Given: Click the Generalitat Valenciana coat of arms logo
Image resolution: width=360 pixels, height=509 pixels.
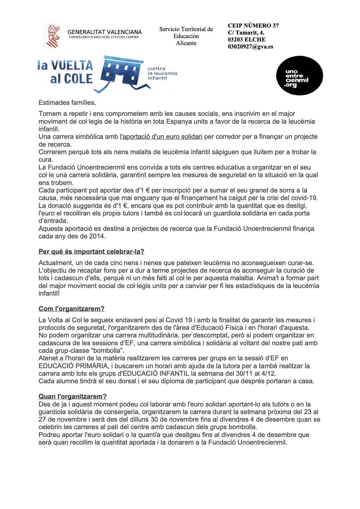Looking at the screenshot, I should pyautogui.click(x=52, y=36).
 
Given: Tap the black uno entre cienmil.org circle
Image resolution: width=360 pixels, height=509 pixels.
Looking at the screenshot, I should pyautogui.click(x=299, y=76).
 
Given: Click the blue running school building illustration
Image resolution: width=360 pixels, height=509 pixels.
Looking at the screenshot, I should pyautogui.click(x=122, y=73).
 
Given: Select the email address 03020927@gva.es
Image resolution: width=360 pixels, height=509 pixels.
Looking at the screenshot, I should pyautogui.click(x=250, y=47).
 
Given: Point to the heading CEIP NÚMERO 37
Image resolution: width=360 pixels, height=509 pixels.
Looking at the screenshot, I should pyautogui.click(x=253, y=26).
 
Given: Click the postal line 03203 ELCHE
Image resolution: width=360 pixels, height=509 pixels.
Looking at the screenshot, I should pyautogui.click(x=246, y=40).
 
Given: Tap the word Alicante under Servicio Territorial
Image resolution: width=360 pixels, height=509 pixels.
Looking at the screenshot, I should pyautogui.click(x=186, y=43).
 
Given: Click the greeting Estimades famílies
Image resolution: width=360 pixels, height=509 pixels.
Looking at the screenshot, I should pyautogui.click(x=67, y=103).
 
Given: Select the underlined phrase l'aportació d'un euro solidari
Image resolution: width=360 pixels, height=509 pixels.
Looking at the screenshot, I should pyautogui.click(x=161, y=137).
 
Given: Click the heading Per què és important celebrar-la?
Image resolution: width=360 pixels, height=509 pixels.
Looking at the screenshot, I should pyautogui.click(x=91, y=252).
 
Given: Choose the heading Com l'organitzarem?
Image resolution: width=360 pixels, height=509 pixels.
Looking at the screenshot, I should pyautogui.click(x=71, y=309).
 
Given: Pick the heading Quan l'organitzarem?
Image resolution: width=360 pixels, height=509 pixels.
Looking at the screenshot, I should pyautogui.click(x=73, y=397).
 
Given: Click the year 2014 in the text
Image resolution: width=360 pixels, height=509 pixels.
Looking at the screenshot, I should pyautogui.click(x=97, y=236).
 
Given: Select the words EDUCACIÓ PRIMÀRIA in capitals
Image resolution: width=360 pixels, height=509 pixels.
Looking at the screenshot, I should pyautogui.click(x=73, y=366).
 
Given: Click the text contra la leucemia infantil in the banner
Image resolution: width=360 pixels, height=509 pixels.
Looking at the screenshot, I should pyautogui.click(x=162, y=73).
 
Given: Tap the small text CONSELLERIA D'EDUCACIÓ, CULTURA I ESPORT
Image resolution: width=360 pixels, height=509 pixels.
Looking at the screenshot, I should pyautogui.click(x=104, y=37).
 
